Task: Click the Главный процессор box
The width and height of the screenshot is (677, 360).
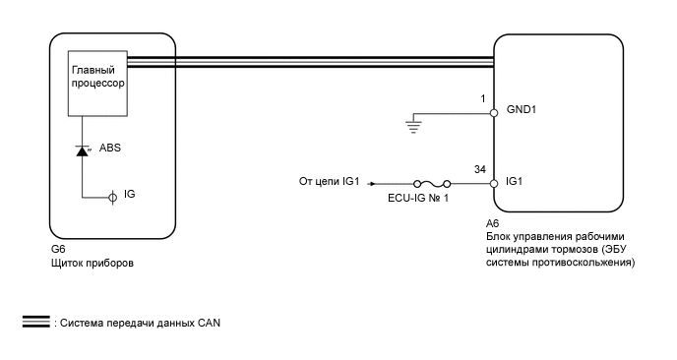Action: [97, 84]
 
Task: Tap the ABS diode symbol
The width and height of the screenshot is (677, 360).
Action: [82, 150]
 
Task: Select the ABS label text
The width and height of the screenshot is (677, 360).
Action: [110, 148]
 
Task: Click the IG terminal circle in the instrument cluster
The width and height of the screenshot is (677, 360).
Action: [112, 198]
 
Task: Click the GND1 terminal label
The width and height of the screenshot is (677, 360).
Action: [522, 109]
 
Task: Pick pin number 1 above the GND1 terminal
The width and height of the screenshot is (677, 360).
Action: [483, 98]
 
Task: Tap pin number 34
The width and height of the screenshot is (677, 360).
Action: [479, 169]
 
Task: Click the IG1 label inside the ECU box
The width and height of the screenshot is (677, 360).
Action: [514, 181]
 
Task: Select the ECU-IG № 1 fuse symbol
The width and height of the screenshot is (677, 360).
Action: [432, 184]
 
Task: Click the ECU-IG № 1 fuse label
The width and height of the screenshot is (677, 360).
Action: [418, 198]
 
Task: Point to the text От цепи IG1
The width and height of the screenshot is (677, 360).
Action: [329, 181]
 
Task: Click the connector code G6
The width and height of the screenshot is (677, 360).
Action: [58, 250]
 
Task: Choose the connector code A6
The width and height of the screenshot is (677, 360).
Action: [493, 223]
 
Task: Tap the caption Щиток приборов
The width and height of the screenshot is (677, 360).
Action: [92, 263]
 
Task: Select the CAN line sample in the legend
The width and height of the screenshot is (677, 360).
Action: [36, 322]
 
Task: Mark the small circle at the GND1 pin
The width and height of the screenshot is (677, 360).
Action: [494, 113]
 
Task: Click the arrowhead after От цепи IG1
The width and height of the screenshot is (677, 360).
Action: [372, 184]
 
